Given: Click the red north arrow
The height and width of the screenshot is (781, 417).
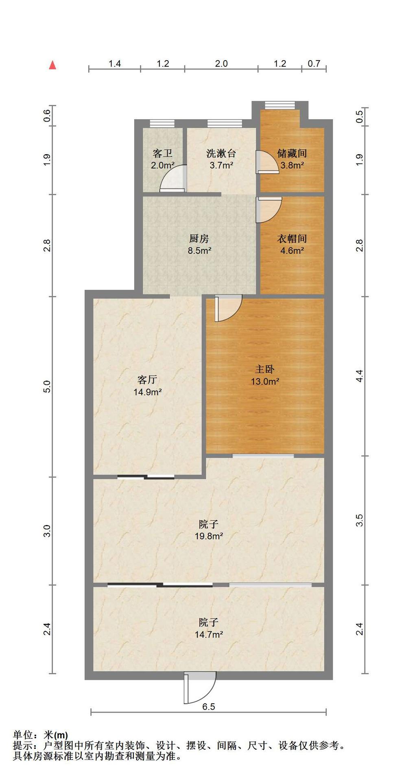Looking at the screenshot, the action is (x=52, y=65).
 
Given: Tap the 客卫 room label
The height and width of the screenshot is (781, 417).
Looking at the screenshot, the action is (x=162, y=153).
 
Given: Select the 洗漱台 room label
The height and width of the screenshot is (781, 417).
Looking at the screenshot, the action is (x=221, y=153).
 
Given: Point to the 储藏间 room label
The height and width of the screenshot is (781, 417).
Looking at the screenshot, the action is (x=292, y=153).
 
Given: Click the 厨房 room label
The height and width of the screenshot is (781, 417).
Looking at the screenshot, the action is (x=199, y=238).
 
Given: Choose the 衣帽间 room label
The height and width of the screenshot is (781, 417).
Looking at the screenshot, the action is (x=292, y=238).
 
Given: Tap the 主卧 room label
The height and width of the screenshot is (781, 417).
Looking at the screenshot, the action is (x=264, y=369).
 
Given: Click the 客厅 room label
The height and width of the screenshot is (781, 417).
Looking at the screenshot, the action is (x=147, y=380).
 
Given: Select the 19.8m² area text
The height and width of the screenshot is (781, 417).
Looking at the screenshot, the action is (x=209, y=536).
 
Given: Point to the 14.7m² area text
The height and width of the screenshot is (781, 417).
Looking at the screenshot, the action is (x=209, y=635).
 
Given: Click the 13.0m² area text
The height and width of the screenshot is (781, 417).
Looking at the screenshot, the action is (x=265, y=382).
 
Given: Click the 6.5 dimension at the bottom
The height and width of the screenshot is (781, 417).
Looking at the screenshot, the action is (x=209, y=707).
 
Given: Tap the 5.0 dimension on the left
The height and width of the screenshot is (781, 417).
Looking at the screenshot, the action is (x=47, y=386).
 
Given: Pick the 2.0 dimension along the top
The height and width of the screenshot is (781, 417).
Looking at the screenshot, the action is (x=221, y=63).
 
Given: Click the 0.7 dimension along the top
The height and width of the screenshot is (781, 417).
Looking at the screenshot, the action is (x=314, y=63).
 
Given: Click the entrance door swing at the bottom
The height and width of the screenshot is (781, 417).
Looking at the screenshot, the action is (x=199, y=687).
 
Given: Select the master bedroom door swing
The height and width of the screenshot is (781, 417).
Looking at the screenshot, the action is (x=228, y=308).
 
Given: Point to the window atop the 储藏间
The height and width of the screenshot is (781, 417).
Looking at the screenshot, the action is (x=279, y=105).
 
